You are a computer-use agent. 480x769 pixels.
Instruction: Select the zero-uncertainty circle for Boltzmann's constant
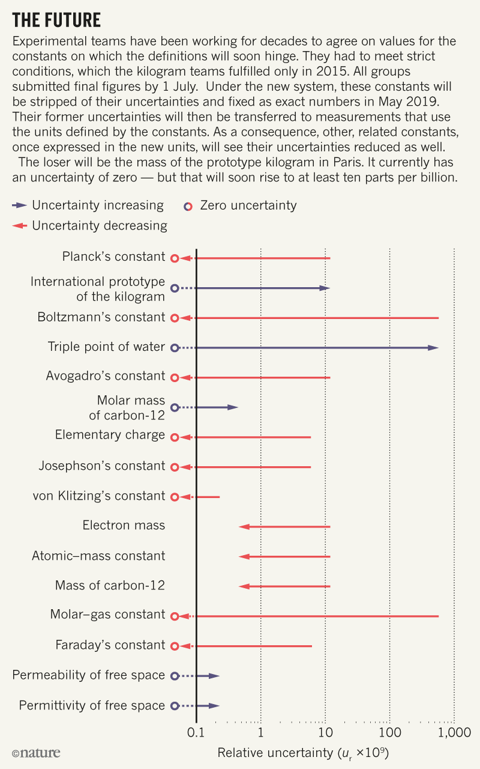pos(175,318)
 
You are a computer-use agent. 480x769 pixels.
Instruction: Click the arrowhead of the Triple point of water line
pos(433,348)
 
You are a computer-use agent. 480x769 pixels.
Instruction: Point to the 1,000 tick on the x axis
pos(454,732)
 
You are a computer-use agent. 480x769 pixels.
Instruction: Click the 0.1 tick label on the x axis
pos(196,732)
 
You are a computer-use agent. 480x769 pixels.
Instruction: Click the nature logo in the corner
pos(36,753)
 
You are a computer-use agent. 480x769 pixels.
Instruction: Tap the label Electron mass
pos(124,525)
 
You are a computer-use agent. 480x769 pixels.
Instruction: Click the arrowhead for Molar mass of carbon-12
pos(233,407)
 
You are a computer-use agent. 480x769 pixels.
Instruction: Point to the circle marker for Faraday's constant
pos(175,646)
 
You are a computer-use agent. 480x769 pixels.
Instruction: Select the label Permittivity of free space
pos(92,705)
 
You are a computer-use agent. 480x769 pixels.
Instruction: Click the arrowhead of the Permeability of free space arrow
pos(214,676)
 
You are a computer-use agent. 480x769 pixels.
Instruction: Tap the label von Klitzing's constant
pos(99,496)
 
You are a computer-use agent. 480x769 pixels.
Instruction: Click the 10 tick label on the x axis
pos(325,732)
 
